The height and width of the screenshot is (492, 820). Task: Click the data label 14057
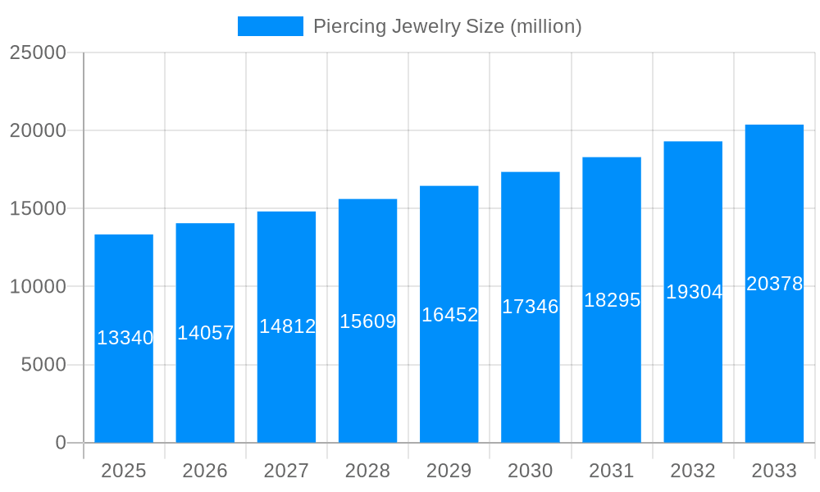[x=206, y=333]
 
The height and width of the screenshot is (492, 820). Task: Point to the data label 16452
[x=449, y=315]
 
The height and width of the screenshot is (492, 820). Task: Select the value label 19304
[x=694, y=292]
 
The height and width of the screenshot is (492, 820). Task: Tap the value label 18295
[x=612, y=300]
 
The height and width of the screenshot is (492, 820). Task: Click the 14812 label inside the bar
[x=287, y=326]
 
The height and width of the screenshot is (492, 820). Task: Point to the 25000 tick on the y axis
[x=38, y=52]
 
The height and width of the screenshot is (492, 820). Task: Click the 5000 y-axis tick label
[x=43, y=365]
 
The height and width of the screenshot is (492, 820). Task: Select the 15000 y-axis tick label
[x=38, y=209]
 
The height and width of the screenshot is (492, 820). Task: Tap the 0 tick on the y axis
[x=61, y=443]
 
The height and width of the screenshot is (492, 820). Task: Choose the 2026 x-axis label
[x=205, y=471]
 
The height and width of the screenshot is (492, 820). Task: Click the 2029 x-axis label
[x=449, y=471]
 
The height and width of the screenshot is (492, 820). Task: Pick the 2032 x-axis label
[x=693, y=471]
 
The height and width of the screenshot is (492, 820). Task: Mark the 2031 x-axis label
[x=612, y=471]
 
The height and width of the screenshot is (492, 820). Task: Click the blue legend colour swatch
[x=270, y=26]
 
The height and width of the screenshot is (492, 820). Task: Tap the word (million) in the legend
[x=546, y=26]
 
